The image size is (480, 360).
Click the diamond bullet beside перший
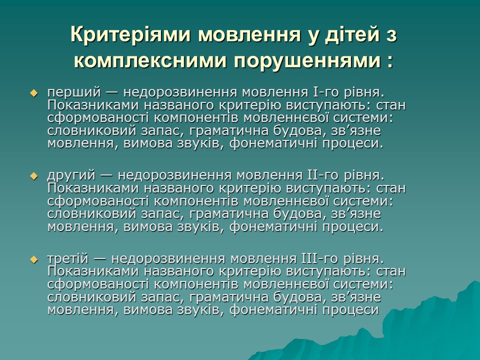(x=34, y=93)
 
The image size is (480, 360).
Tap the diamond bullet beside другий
(x=34, y=176)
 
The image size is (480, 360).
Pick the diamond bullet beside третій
(x=34, y=259)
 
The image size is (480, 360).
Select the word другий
(x=71, y=176)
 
